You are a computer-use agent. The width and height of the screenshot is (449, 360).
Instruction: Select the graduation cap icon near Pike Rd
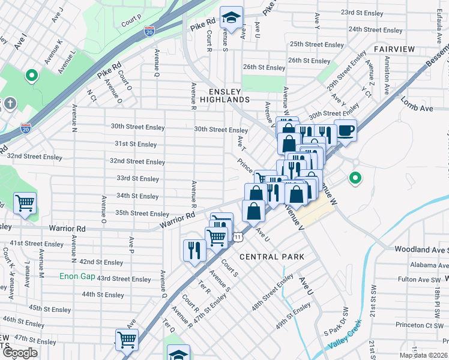point(231,18)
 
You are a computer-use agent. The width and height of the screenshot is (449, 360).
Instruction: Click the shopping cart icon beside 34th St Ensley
point(25,203)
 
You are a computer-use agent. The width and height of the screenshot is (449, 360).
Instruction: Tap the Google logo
point(20,353)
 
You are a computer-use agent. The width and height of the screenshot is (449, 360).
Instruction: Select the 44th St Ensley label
point(103,295)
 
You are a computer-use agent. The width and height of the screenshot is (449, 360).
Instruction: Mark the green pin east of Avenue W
point(355,178)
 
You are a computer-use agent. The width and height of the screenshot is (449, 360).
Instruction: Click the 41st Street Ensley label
point(36,244)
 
